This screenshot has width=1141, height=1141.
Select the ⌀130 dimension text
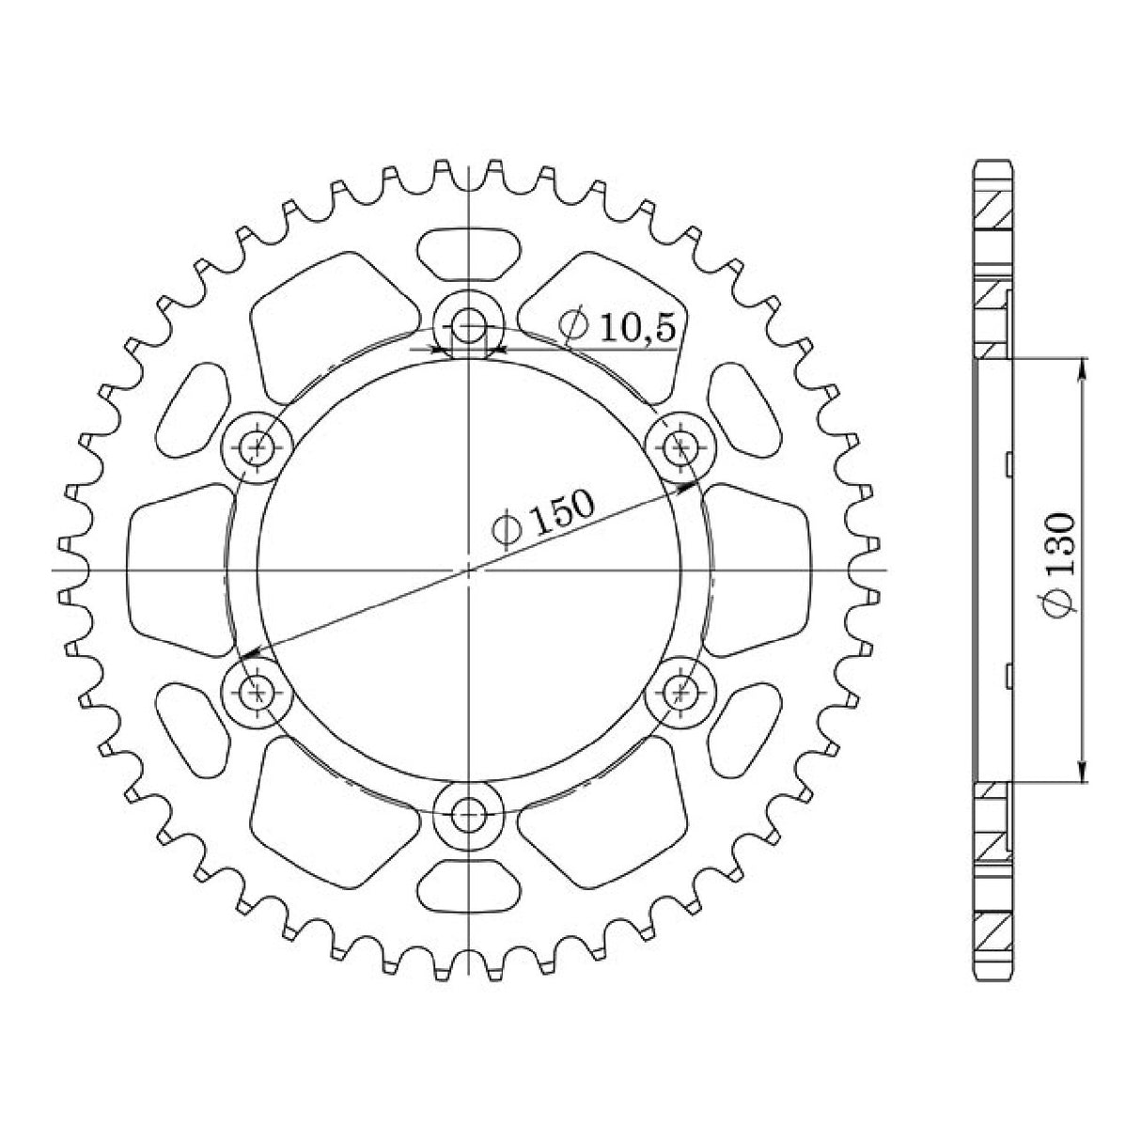coord(1060,566)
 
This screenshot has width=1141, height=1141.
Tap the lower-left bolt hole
coord(257,694)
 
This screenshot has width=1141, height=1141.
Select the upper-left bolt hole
coord(257,447)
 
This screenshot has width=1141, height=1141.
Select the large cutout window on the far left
coord(179,570)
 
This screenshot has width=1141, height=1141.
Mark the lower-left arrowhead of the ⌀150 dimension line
coord(246,655)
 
